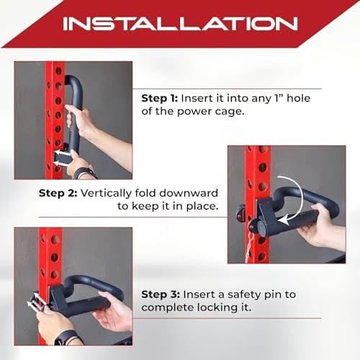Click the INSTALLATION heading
pyautogui.click(x=180, y=24)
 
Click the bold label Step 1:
pyautogui.click(x=159, y=99)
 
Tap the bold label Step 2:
pyautogui.click(x=58, y=193)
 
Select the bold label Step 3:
pyautogui.click(x=161, y=294)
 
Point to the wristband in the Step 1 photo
pyautogui.click(x=84, y=173)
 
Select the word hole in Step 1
pyautogui.click(x=299, y=98)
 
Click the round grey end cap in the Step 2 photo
pyautogui.click(x=261, y=226)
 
